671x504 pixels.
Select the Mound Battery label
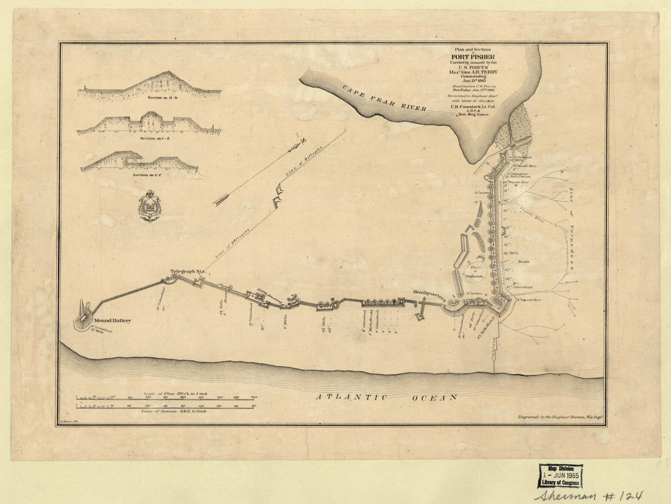112,321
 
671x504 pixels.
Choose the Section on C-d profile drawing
149,123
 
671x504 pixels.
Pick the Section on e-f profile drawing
139,161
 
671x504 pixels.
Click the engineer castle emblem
149,206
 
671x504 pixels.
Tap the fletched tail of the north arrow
221,199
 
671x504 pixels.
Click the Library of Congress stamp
560,475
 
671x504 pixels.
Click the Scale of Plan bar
165,399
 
